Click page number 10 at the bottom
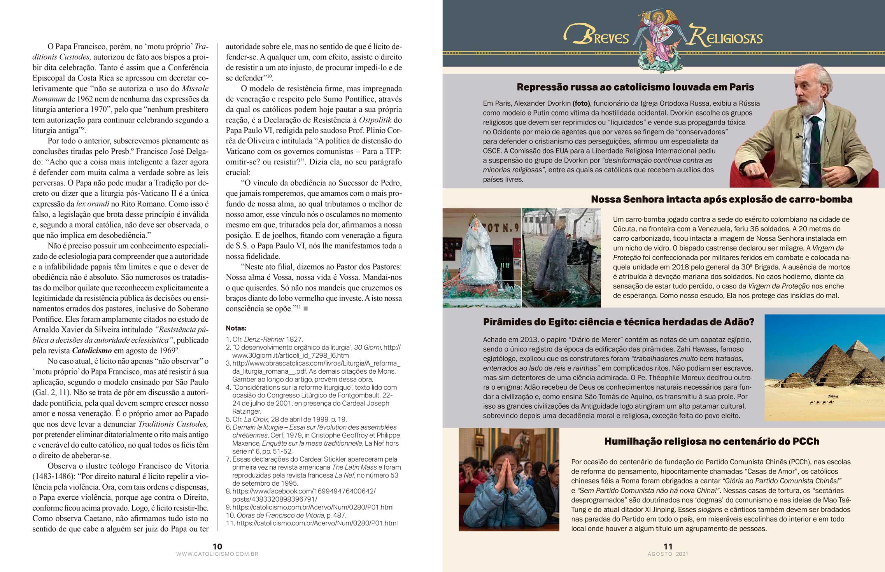[217, 546]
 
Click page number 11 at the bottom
[668, 546]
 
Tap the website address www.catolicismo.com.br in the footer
[217, 554]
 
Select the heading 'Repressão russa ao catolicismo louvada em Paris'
[635, 87]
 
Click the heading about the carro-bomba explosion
[722, 199]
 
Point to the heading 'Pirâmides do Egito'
[619, 322]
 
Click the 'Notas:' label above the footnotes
[236, 328]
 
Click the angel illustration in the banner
[659, 39]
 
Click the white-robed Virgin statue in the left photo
[478, 253]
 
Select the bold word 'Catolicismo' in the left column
[92, 350]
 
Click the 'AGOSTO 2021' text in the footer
[668, 554]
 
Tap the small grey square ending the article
[306, 309]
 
